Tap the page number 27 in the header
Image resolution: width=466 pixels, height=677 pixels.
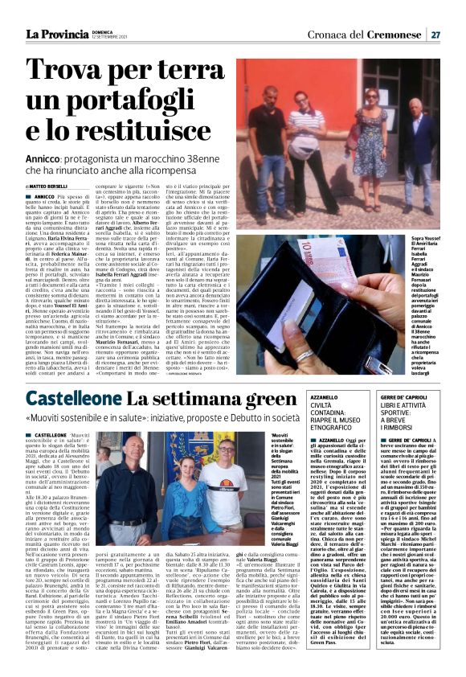point(435,35)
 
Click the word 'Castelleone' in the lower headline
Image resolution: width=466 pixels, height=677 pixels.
point(74,399)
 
